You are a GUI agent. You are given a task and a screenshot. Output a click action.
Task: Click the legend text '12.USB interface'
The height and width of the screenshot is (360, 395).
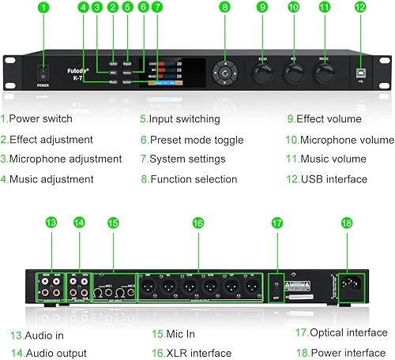(x=327, y=178)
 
